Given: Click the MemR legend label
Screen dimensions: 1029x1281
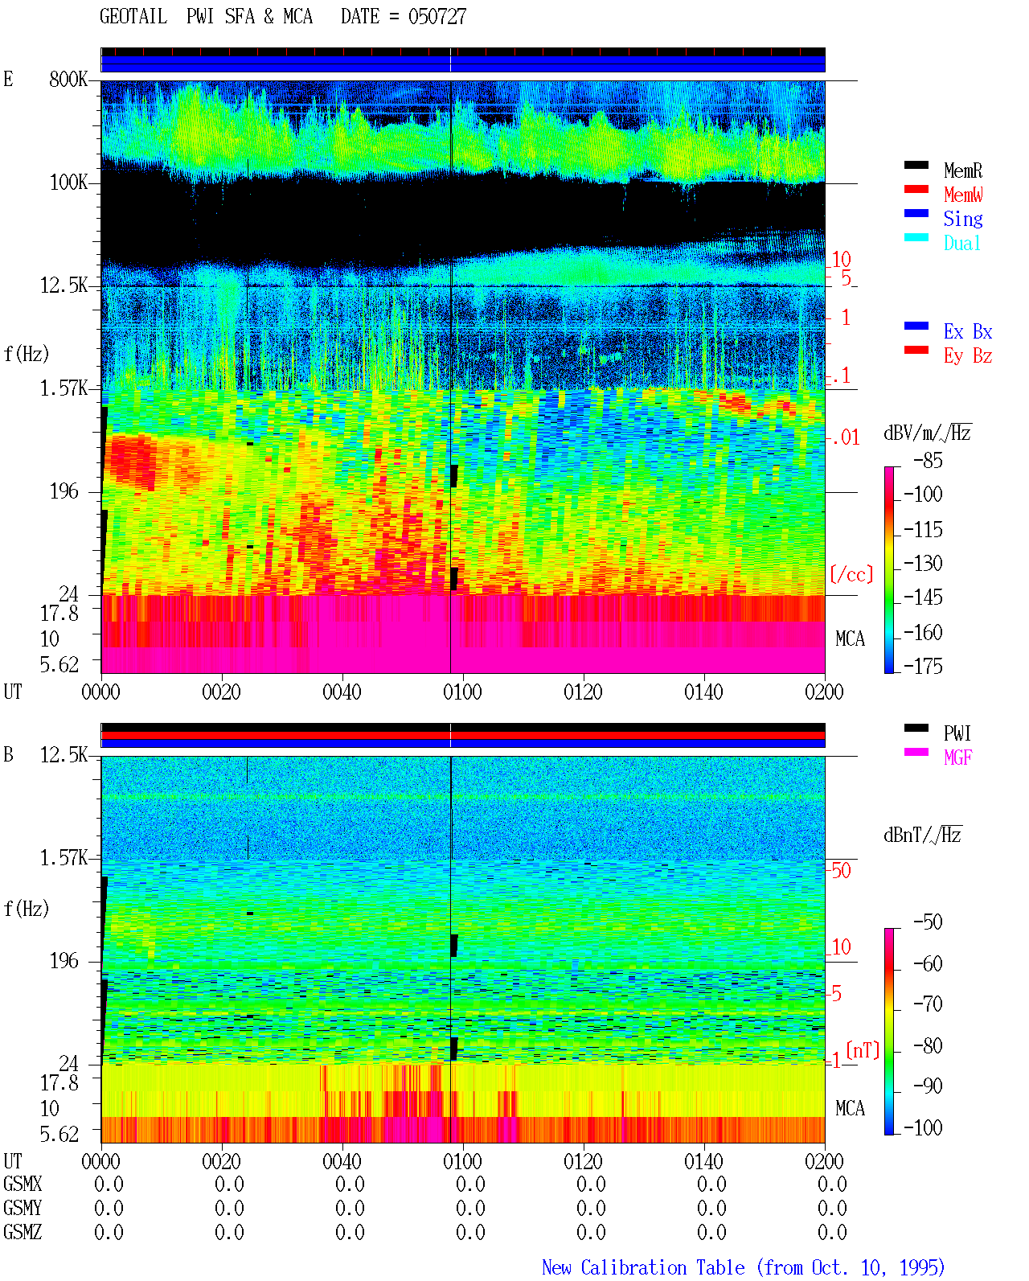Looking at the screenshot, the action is [x=962, y=170].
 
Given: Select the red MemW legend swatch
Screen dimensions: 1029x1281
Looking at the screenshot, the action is [x=916, y=189].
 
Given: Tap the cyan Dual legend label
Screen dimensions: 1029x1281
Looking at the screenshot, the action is [x=961, y=243].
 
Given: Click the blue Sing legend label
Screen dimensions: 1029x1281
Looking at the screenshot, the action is [x=962, y=219].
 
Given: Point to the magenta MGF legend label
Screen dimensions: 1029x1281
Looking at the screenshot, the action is [x=957, y=758].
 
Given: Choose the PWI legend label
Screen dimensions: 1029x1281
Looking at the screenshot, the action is [x=957, y=733].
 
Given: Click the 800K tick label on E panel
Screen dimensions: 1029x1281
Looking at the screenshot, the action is [x=68, y=79].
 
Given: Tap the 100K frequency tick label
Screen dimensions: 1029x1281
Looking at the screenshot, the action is [x=68, y=183].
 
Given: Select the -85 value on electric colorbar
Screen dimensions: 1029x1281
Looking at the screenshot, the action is [x=928, y=461].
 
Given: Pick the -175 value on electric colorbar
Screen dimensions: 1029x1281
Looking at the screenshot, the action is [x=923, y=666].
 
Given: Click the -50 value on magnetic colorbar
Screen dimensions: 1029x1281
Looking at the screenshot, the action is [x=928, y=922].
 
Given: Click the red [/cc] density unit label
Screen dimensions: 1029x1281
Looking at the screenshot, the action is [x=851, y=574].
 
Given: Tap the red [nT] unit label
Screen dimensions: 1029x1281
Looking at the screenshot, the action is [x=863, y=1050].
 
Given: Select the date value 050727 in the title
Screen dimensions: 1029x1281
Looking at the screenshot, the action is [x=437, y=17].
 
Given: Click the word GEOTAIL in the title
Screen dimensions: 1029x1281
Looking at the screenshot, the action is [x=133, y=16].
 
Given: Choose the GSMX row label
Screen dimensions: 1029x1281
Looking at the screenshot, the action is [x=23, y=1184].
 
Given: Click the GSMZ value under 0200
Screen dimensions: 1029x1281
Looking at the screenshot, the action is [x=832, y=1232].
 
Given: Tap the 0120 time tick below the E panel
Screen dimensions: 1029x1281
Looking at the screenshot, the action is [x=584, y=692].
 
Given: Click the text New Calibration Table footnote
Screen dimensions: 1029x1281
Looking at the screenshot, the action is [x=643, y=1267].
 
